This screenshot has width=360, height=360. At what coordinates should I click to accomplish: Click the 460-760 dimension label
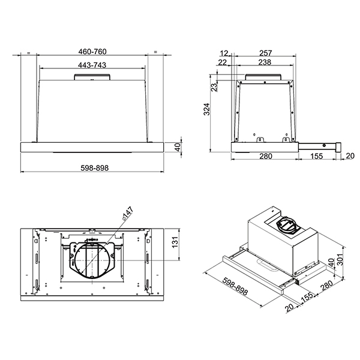(x=92, y=52)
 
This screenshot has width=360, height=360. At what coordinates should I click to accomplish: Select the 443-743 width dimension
(x=92, y=65)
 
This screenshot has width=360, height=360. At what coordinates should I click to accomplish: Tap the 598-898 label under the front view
(x=94, y=168)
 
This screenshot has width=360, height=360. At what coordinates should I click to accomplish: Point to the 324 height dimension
(x=207, y=109)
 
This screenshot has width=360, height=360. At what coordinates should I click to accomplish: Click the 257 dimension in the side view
(x=266, y=53)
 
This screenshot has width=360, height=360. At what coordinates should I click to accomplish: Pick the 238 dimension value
(x=265, y=62)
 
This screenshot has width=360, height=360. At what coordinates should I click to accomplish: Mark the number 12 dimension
(x=224, y=53)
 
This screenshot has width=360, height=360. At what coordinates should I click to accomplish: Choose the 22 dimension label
(x=222, y=62)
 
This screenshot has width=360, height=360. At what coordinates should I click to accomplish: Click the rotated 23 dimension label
(x=214, y=87)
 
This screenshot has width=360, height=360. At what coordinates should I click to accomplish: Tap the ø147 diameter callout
(x=127, y=214)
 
